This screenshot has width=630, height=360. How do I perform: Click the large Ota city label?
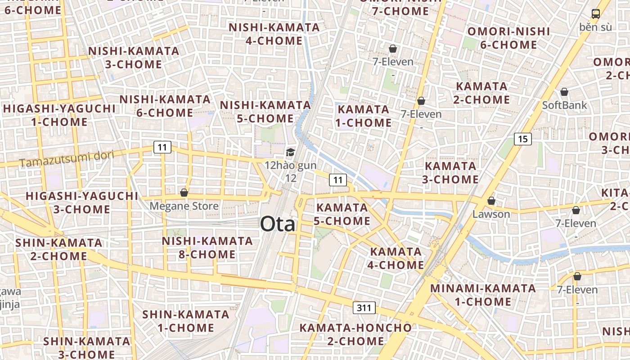coord(278,224)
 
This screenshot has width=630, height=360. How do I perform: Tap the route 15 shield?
coord(522,139)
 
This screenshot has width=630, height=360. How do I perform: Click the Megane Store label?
coord(184,206)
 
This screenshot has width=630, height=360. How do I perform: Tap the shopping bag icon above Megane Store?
coord(184,193)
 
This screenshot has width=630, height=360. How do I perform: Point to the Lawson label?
coord(491,214)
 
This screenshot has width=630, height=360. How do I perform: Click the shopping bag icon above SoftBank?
coord(564,92)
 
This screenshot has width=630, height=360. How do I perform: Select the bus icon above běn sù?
coord(595,14)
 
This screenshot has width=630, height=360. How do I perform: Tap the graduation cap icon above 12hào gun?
coord(290,153)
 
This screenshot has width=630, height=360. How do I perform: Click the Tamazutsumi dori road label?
coord(67,159)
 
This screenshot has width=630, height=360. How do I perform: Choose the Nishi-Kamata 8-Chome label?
coord(207,247)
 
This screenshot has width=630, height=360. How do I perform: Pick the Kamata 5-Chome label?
coord(342,214)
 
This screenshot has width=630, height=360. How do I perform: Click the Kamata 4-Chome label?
coord(396,258)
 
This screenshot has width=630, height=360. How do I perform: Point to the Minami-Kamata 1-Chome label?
coord(483,295)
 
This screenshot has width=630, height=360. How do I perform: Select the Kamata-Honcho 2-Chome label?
coord(355,334)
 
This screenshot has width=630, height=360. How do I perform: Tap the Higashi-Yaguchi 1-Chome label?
coord(59,115)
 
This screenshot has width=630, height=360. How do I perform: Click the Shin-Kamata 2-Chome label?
coord(59,249)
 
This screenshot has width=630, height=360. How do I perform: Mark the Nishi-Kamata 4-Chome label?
coord(274,34)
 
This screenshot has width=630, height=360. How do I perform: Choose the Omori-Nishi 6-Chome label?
coord(508,38)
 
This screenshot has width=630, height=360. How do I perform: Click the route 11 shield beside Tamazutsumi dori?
coord(162,147)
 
